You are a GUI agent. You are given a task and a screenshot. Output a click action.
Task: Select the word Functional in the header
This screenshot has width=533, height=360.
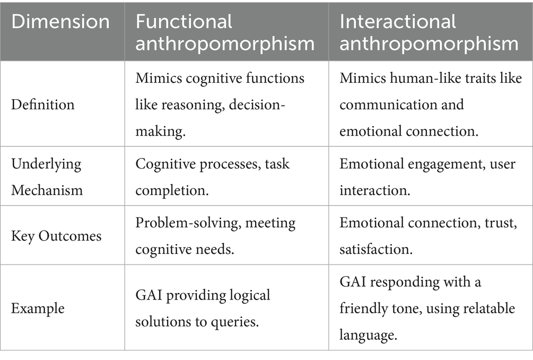pos(184,22)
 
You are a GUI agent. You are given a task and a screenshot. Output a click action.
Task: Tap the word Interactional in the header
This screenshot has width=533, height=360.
pos(398,22)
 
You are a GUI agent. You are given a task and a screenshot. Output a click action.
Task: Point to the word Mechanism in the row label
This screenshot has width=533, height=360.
pos(47,189)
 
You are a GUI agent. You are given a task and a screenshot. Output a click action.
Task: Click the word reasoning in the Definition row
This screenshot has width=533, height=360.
pos(198,104)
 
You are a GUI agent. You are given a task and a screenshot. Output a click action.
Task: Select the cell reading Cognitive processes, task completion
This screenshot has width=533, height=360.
pos(212,176)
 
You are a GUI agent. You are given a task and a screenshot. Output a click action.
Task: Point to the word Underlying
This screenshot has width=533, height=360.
pos(46,163)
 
